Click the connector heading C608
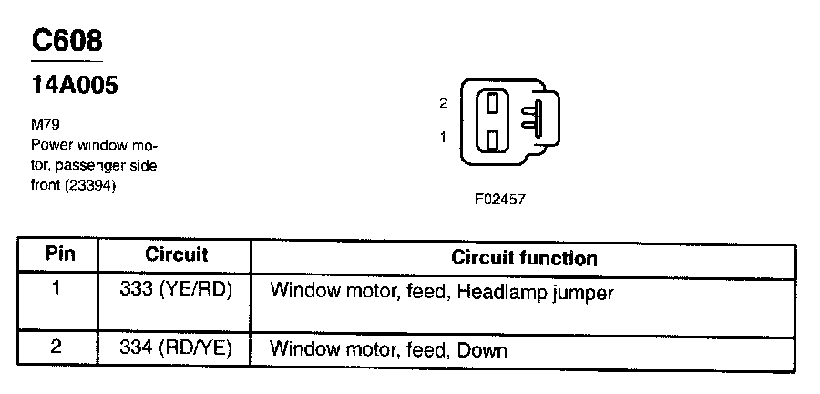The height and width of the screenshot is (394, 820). point(67,41)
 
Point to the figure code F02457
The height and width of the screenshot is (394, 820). point(499,198)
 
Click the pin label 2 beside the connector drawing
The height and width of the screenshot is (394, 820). point(443,103)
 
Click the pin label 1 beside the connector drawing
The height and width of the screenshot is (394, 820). point(443,137)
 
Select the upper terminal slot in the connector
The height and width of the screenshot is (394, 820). point(492,101)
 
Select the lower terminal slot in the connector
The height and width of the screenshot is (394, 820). point(492,140)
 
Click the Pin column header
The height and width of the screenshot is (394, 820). point(60,255)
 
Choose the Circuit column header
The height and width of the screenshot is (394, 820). point(176,255)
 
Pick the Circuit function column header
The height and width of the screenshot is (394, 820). point(524,258)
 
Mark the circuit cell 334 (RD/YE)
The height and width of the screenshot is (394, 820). point(176,348)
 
